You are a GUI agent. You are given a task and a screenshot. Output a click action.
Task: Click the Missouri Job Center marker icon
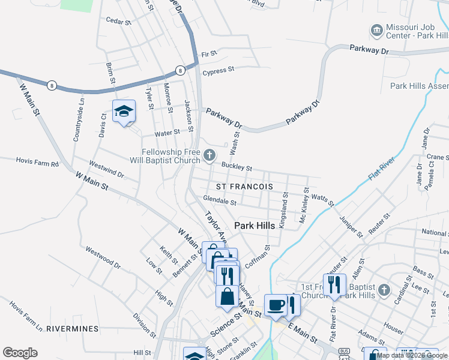376,30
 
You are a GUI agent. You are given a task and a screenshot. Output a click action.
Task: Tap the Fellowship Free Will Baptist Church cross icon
209,155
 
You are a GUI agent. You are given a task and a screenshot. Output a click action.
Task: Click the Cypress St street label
218,71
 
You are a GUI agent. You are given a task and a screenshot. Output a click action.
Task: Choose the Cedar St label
118,22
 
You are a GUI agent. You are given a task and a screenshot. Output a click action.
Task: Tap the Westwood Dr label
103,257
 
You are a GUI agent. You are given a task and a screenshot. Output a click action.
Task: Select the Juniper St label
351,226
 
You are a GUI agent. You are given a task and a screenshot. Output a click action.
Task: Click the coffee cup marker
276,305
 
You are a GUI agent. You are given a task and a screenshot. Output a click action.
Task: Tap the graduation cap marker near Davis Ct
124,111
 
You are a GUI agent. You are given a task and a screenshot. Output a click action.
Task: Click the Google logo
20,353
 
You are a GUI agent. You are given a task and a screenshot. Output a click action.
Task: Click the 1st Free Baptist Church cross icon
384,290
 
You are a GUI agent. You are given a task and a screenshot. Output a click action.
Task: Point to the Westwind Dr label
106,169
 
